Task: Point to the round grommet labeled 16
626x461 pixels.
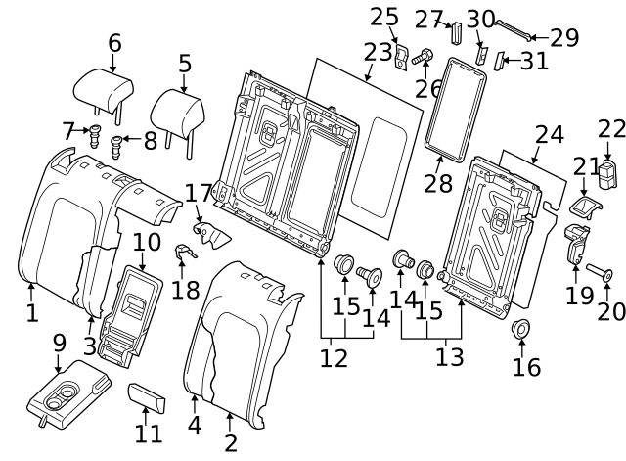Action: coord(520,330)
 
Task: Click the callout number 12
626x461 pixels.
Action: coord(334,357)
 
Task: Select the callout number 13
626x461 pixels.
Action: coord(449,357)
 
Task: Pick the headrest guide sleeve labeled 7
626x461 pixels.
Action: coord(96,133)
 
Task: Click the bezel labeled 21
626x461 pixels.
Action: coord(584,207)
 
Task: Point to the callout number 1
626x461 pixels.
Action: coord(31,313)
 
